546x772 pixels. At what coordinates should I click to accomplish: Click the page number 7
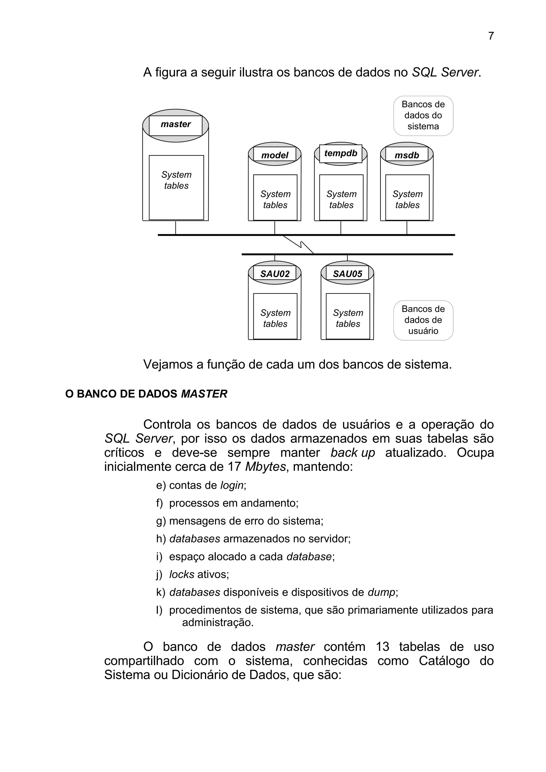(491, 36)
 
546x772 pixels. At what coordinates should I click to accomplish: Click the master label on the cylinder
(176, 124)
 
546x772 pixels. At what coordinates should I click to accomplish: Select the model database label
(275, 155)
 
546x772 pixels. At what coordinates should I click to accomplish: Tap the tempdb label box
(340, 153)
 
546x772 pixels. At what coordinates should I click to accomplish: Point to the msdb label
(407, 155)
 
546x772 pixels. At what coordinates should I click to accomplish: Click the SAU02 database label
(275, 274)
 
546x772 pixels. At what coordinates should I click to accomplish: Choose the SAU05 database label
(348, 274)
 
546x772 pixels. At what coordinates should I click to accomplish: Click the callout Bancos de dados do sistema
(423, 115)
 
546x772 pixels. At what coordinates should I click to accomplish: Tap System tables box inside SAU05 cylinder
(348, 316)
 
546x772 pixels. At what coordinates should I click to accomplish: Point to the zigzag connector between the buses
(299, 245)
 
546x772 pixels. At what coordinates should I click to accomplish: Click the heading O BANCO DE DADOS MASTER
(146, 394)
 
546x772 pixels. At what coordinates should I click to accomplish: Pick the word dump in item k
(381, 592)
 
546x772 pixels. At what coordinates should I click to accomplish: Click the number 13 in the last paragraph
(383, 647)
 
